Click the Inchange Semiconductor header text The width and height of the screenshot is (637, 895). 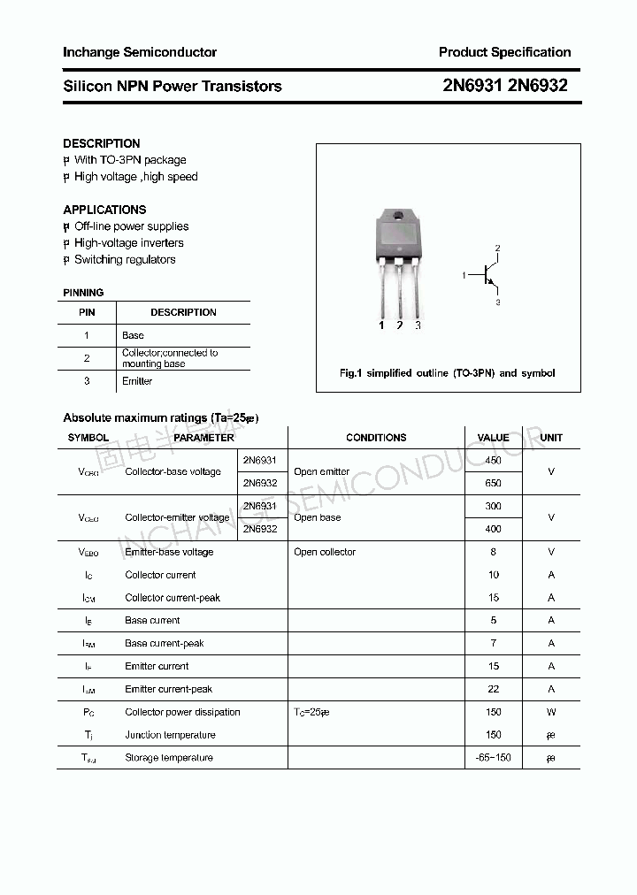click(x=140, y=52)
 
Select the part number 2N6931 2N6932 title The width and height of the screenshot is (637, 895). click(x=504, y=86)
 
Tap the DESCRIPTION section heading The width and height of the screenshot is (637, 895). click(x=102, y=143)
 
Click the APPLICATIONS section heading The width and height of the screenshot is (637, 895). click(x=104, y=210)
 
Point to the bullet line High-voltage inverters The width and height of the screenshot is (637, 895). click(x=128, y=243)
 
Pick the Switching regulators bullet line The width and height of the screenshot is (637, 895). click(x=125, y=260)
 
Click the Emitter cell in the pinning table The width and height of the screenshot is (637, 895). click(x=137, y=381)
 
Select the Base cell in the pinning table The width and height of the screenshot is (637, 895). click(x=133, y=335)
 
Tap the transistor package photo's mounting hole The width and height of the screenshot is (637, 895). click(x=399, y=218)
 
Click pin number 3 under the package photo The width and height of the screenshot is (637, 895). click(x=418, y=325)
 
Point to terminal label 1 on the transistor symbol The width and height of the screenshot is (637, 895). click(x=464, y=276)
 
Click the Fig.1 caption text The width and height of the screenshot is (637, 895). click(x=448, y=373)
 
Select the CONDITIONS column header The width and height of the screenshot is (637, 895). click(x=376, y=438)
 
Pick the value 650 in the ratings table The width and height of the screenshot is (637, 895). click(x=493, y=484)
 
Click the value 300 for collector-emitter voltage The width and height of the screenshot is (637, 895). click(x=493, y=506)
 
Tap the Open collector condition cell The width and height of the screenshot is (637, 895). click(x=325, y=552)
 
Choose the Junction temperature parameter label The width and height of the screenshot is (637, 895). click(x=170, y=735)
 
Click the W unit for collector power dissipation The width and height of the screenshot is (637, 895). click(x=551, y=712)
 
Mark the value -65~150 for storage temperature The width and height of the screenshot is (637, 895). click(x=493, y=758)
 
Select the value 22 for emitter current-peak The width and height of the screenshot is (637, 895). click(x=493, y=689)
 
